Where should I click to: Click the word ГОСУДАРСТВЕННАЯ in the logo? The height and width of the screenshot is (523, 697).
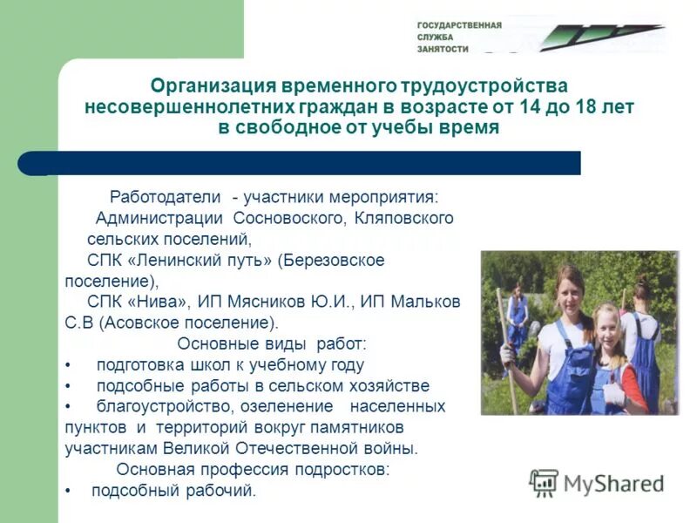tap(458, 24)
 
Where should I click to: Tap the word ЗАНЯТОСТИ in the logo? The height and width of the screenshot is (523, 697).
tap(443, 50)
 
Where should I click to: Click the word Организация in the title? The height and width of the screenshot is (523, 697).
tap(212, 86)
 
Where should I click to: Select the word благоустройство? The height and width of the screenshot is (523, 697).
tap(159, 407)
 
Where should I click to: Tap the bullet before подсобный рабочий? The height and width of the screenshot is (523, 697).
tap(68, 492)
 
